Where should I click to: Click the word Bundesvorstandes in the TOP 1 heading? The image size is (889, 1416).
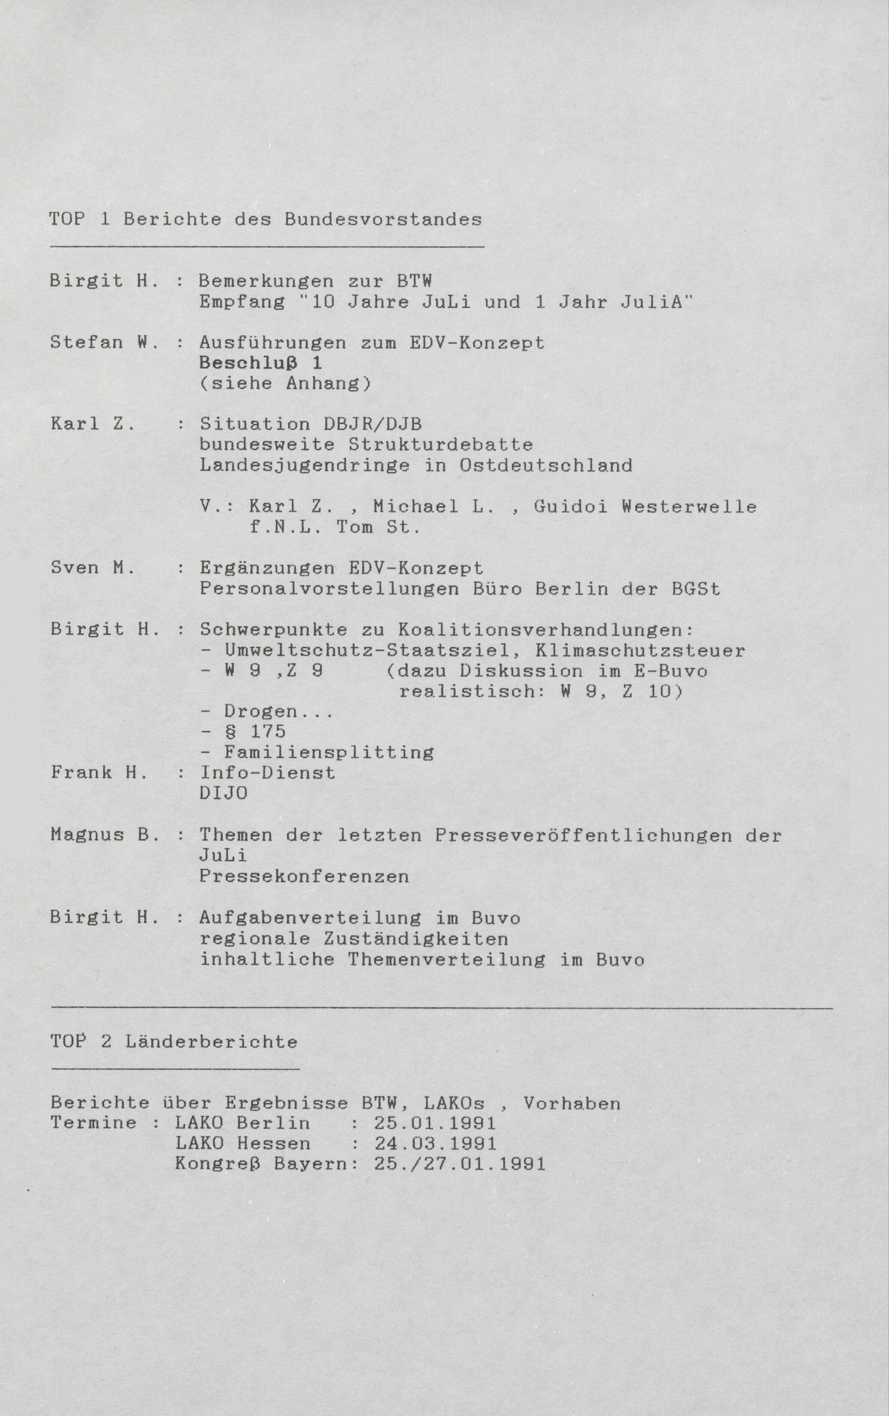click(x=383, y=220)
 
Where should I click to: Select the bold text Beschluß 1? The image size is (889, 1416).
click(x=260, y=363)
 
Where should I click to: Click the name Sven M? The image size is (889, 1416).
click(x=93, y=568)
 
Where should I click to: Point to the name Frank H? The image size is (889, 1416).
click(x=98, y=773)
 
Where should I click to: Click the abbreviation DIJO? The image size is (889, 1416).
click(x=223, y=793)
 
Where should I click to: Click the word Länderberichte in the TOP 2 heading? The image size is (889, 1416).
click(x=211, y=1042)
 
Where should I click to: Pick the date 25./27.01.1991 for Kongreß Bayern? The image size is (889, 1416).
click(x=460, y=1165)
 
